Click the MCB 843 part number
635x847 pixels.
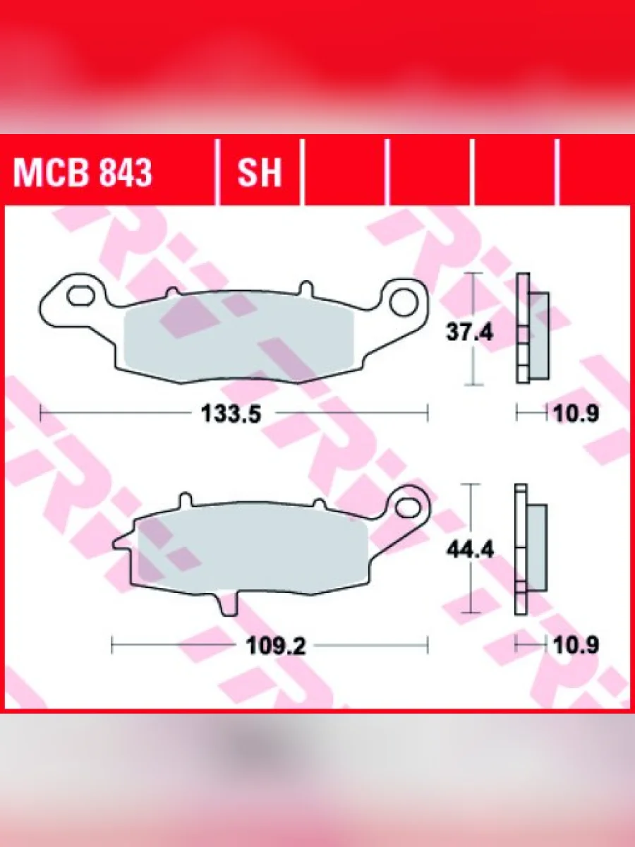83,174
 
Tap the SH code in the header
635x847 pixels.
259,174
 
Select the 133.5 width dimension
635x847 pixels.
231,414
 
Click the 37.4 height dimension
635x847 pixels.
469,332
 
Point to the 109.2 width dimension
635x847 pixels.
276,646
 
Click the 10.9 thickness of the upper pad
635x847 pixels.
576,414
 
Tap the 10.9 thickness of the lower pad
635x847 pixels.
576,645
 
